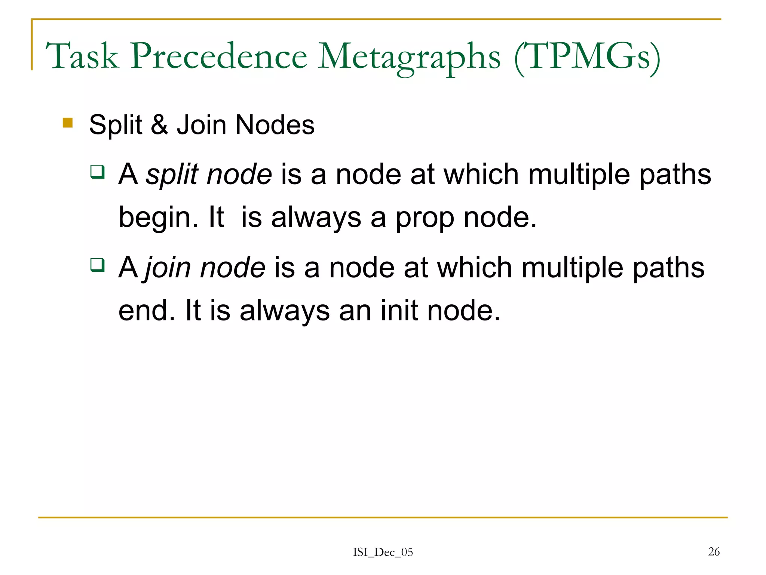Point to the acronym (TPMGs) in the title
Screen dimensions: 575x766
tap(587, 57)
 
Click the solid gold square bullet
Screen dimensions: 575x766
tap(68, 123)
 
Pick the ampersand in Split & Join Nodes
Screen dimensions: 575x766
tap(159, 125)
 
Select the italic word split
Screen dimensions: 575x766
tap(172, 175)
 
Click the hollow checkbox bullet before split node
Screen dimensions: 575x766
tap(97, 172)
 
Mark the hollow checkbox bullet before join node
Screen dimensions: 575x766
tap(97, 265)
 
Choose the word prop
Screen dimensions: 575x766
tap(425, 218)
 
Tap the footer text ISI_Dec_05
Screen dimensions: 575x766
tap(383, 552)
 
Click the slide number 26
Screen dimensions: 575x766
tap(714, 551)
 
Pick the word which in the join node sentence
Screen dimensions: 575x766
tap(475, 268)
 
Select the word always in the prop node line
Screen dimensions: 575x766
tap(316, 218)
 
